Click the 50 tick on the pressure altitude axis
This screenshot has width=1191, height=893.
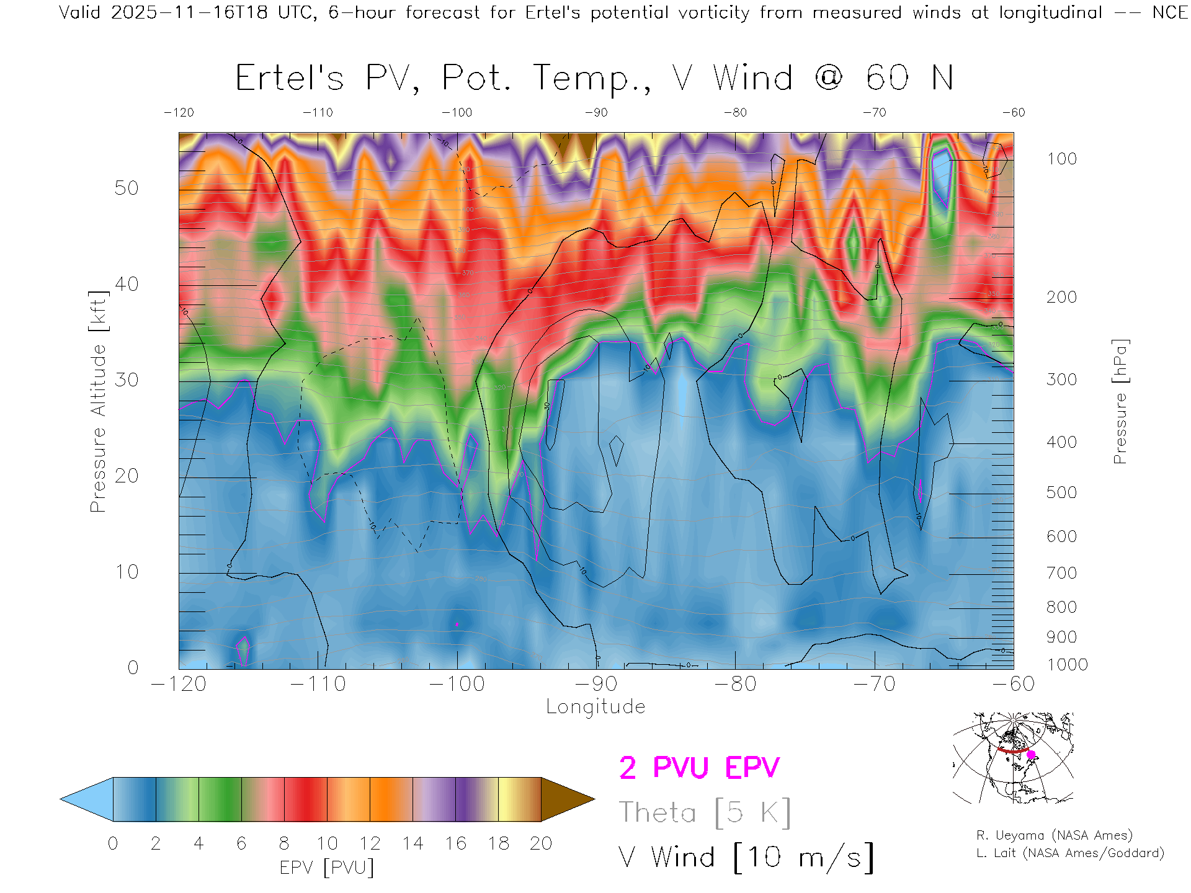coord(126,188)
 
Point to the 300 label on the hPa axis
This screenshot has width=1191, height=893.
coord(1061,380)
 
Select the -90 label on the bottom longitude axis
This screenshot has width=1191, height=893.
coord(595,684)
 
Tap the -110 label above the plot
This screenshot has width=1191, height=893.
coord(318,112)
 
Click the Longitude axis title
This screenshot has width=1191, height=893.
coord(595,707)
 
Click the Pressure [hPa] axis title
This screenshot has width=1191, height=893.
coord(1120,401)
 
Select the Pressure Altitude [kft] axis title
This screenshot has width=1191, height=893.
coord(98,401)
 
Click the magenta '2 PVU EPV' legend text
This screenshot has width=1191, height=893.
coord(699,768)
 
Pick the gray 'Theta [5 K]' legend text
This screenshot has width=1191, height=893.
coord(705,812)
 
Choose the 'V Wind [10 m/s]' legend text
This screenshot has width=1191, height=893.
coord(746,858)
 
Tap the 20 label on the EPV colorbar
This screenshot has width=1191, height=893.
coord(541,843)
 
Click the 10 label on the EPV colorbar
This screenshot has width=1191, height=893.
coord(327,843)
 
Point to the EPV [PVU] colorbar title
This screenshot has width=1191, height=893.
coord(327,868)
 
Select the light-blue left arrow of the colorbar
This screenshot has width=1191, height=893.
coord(87,799)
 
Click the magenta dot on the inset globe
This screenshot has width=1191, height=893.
coord(1031,755)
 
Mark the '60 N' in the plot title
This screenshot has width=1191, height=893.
coord(909,78)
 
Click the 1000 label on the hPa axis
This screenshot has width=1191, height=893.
coord(1067,665)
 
